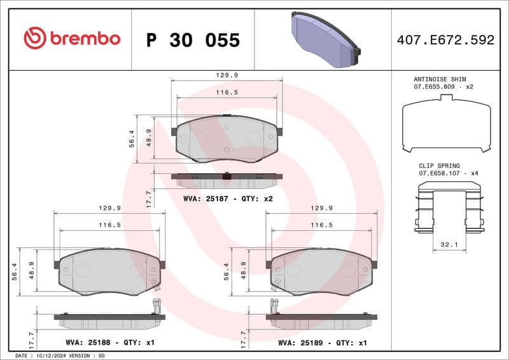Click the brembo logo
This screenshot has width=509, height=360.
[71, 38]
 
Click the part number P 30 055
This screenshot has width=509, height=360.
[193, 40]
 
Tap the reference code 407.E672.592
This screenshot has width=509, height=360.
[445, 40]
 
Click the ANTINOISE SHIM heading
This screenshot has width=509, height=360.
[444, 79]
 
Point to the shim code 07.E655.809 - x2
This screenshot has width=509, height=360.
[444, 87]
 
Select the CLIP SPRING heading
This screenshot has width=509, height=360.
[439, 166]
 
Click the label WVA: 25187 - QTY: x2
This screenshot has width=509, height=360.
[227, 199]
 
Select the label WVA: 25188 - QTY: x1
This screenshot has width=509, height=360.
[109, 342]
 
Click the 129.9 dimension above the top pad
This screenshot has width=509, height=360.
[227, 75]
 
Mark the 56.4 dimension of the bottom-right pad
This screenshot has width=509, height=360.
[227, 272]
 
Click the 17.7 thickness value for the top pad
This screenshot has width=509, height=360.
[148, 198]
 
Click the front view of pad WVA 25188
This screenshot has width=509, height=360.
[109, 272]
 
